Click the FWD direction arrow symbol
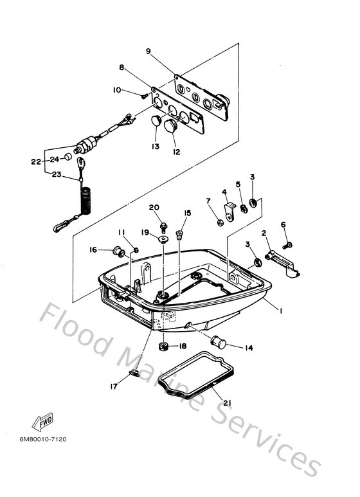[x=42, y=422]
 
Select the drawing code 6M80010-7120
[x=43, y=439]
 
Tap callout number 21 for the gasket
[x=227, y=403]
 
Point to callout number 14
[x=249, y=348]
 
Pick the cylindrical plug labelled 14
[x=218, y=342]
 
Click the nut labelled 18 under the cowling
[x=163, y=346]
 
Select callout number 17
[x=114, y=386]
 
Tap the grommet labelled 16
[x=120, y=252]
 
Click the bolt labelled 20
[x=163, y=227]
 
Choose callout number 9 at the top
[x=148, y=51]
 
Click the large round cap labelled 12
[x=172, y=127]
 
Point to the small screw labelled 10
[x=145, y=95]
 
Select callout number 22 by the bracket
[x=36, y=161]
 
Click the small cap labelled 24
[x=68, y=157]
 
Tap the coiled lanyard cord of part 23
[x=86, y=201]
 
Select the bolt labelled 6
[x=287, y=245]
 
